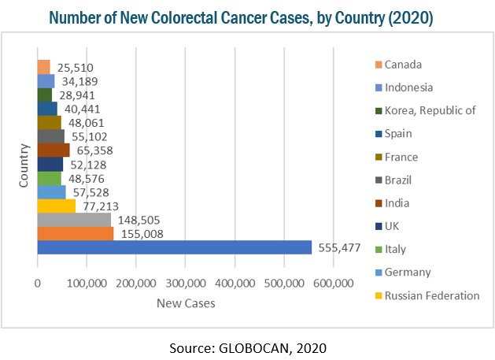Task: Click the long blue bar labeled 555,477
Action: [173, 247]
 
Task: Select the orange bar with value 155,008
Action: [76, 233]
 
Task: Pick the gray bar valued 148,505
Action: [74, 220]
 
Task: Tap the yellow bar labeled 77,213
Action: [57, 206]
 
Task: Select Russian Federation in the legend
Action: [430, 295]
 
